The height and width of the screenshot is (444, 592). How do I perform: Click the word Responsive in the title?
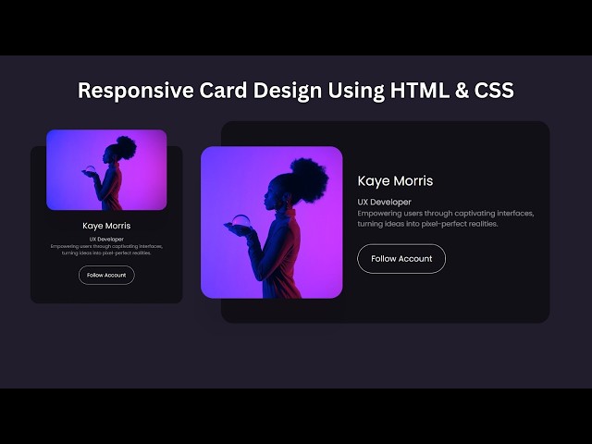pyautogui.click(x=129, y=91)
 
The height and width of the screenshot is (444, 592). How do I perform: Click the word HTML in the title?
pyautogui.click(x=419, y=91)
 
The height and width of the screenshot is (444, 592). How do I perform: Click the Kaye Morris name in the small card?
pyautogui.click(x=106, y=226)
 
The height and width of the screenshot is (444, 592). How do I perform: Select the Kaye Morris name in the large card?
pyautogui.click(x=395, y=181)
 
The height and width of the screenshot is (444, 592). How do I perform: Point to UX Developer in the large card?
pyautogui.click(x=384, y=202)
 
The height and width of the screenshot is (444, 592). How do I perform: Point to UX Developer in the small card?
pyautogui.click(x=106, y=239)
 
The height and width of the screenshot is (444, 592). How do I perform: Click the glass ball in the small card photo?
pyautogui.click(x=89, y=169)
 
